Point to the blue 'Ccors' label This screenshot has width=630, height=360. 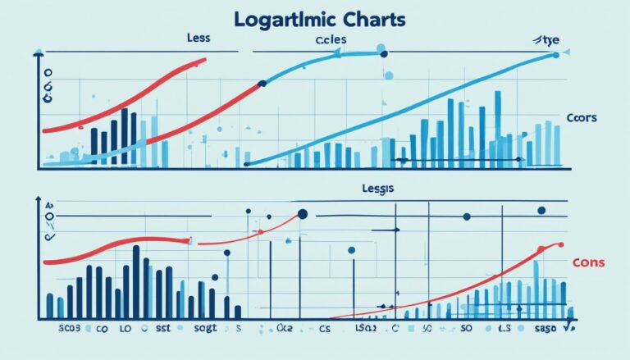coord(581,118)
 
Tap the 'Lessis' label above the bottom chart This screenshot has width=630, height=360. coord(377,189)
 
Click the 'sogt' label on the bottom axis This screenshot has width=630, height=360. coord(205,329)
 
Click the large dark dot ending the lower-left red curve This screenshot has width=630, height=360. coord(302,215)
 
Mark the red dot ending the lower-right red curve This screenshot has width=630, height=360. coord(561,244)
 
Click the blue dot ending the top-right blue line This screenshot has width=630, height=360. coord(557,56)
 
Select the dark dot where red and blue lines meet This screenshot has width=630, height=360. coord(262,83)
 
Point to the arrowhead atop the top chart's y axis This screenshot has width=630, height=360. coord(38,52)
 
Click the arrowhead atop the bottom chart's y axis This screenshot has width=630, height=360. coord(38,199)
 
